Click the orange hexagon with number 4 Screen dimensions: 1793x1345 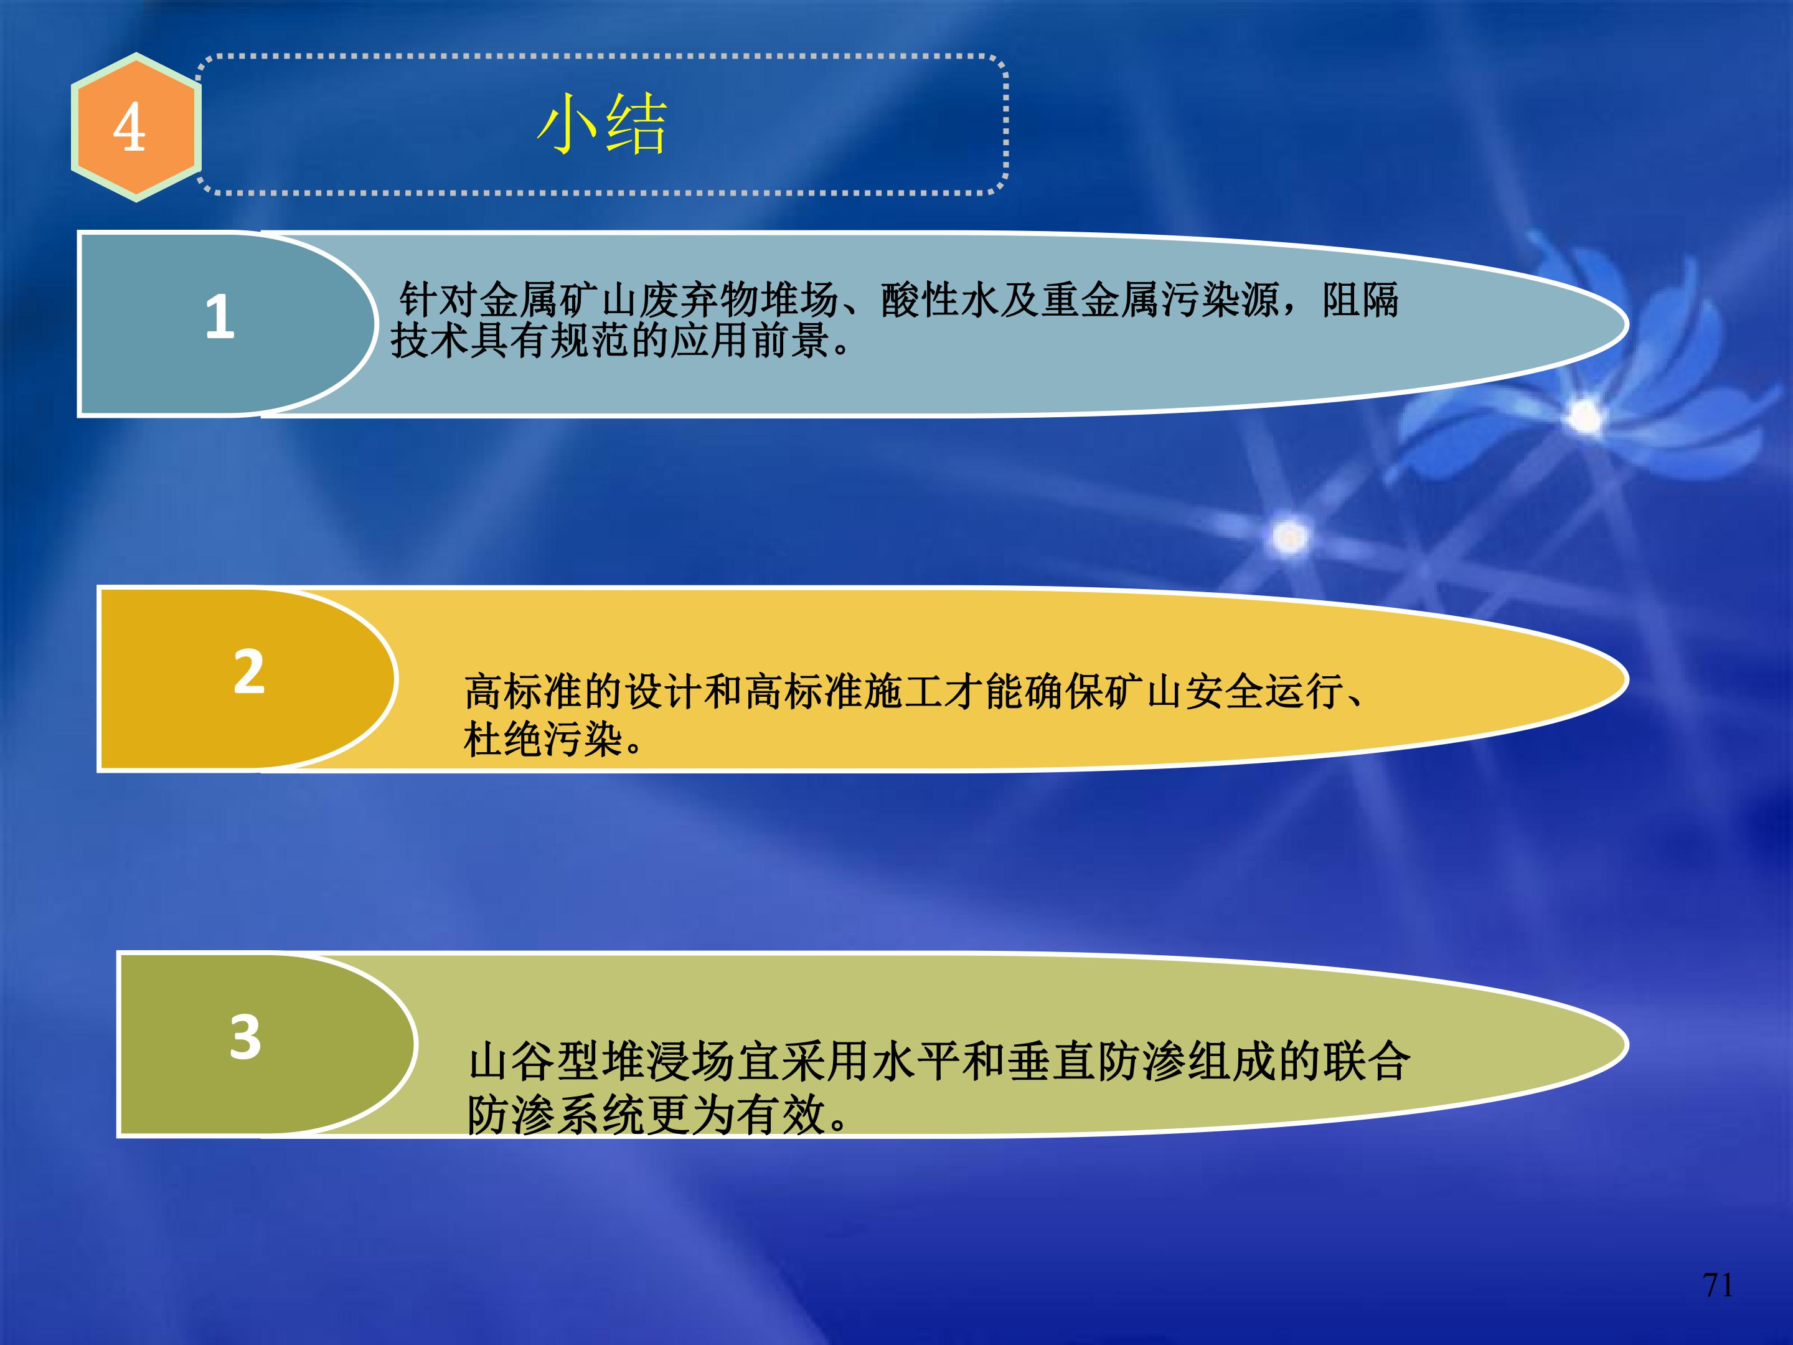135,127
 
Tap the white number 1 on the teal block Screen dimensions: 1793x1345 220,317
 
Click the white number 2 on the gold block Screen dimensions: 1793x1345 249,672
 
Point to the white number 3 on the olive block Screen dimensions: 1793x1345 246,1037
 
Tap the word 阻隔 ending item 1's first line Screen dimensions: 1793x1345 1360,300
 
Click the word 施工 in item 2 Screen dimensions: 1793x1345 904,692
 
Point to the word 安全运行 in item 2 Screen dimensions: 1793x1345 1264,692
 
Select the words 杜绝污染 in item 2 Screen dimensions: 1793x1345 542,739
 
